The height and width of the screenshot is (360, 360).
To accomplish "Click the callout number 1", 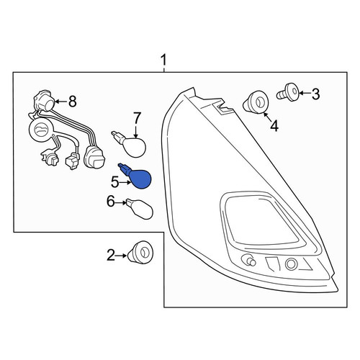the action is click(x=163, y=60).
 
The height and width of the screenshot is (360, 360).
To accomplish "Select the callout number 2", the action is click(x=111, y=255).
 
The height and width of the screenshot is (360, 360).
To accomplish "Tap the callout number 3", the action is click(x=315, y=94).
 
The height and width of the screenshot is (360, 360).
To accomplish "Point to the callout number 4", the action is click(x=274, y=125).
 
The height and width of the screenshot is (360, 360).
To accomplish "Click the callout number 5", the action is click(x=114, y=182).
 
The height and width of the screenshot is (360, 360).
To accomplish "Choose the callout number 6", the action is click(x=110, y=202).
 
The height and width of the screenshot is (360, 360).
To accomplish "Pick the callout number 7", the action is click(x=136, y=118).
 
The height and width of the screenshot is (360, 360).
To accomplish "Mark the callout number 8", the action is click(x=73, y=102).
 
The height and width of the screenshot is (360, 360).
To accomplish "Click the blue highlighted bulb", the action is click(x=136, y=176).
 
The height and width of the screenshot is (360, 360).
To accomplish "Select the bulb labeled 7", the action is click(x=132, y=143).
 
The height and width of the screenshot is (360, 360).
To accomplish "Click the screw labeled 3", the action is click(x=288, y=93).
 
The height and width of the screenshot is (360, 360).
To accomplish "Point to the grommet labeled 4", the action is click(x=256, y=102).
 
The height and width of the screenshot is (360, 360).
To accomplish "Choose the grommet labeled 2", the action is click(x=140, y=253).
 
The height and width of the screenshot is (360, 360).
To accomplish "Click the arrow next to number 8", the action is click(x=61, y=102).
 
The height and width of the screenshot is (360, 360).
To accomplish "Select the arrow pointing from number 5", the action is click(x=125, y=183).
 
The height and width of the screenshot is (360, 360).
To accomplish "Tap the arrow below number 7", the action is click(x=136, y=131).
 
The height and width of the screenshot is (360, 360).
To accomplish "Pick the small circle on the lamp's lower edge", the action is click(x=292, y=264).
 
